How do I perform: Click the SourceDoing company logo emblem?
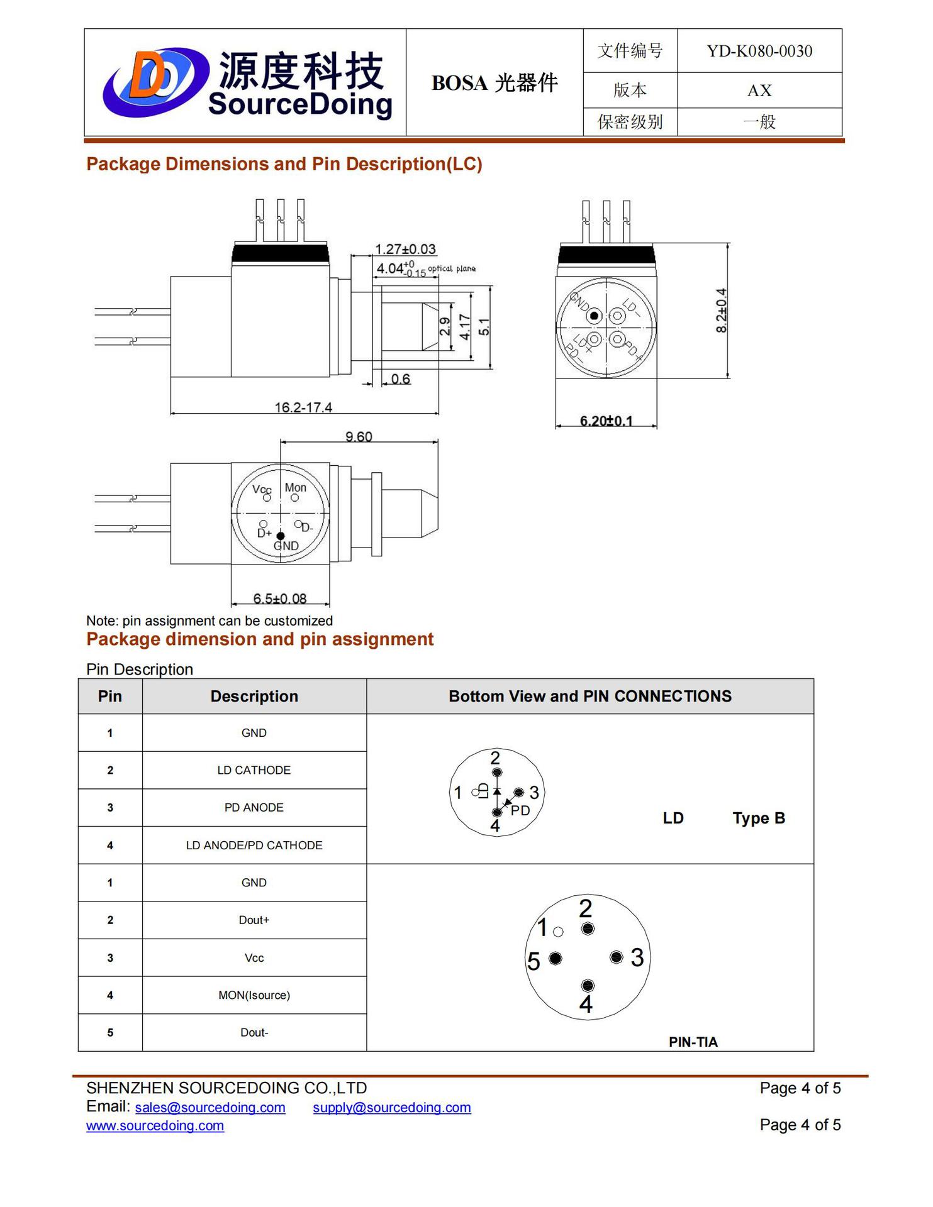[155, 82]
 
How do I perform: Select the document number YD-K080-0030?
[759, 51]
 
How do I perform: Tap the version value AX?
[759, 91]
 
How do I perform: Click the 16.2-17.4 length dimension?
[303, 407]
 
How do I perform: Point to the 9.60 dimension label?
[359, 436]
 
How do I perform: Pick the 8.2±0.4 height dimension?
[722, 311]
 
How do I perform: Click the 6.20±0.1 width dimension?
[606, 421]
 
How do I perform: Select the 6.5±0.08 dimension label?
[280, 598]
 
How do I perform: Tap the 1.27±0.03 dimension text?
[405, 249]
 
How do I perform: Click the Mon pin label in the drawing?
[295, 488]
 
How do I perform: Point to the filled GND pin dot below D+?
[281, 536]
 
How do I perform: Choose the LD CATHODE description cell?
[254, 770]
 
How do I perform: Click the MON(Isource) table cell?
[254, 995]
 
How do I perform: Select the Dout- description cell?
[254, 1032]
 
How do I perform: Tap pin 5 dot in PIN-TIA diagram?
[555, 958]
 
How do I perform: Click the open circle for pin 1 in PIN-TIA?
[558, 932]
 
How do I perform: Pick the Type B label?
[758, 818]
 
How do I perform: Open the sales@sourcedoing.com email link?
[210, 1107]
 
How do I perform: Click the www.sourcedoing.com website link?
[155, 1125]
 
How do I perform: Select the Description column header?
[254, 696]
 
